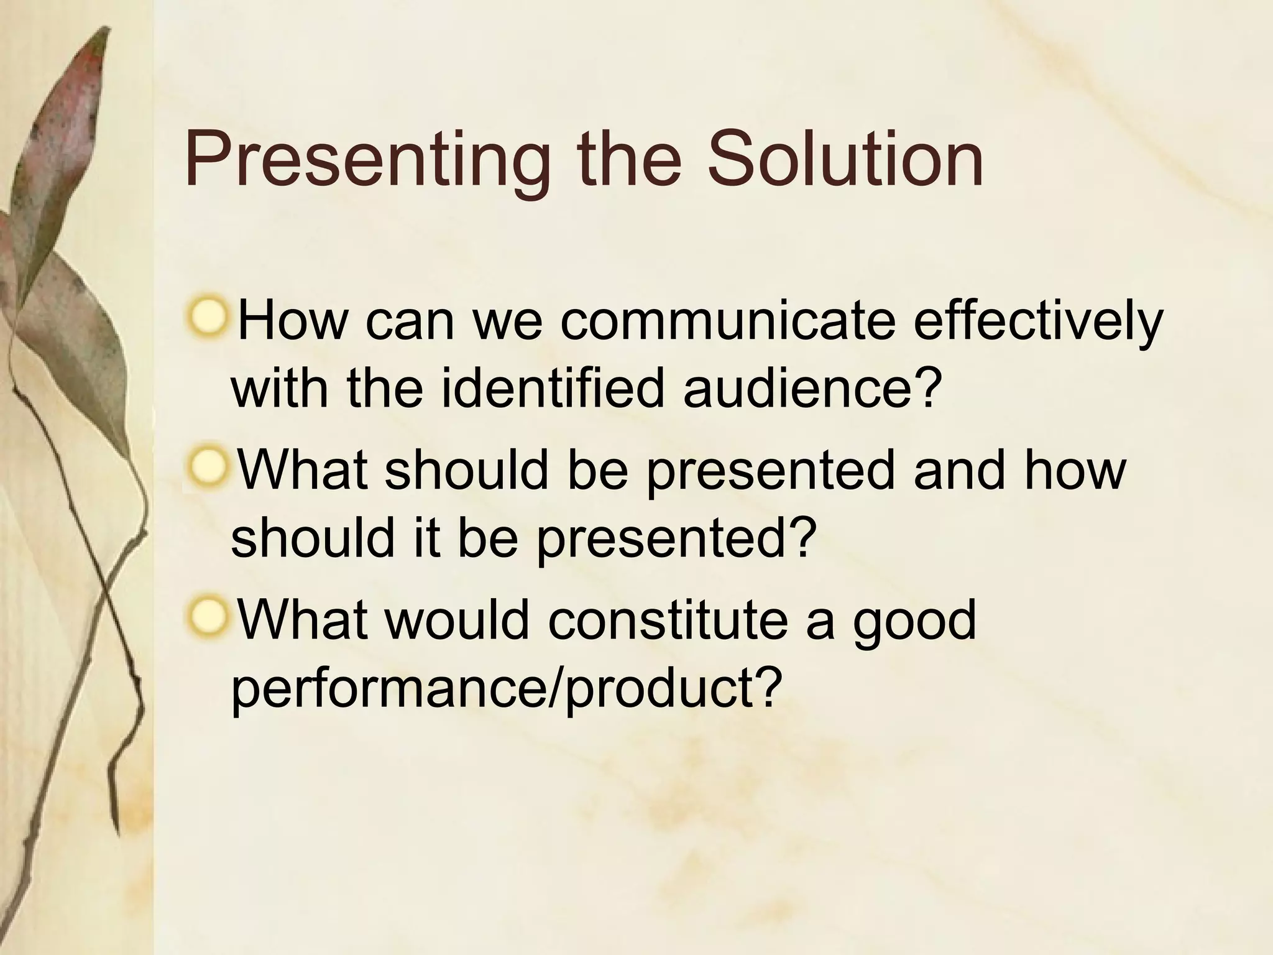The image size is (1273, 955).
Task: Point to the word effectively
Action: [x=1037, y=321]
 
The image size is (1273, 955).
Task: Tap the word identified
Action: [x=552, y=389]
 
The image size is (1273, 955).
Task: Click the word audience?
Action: [x=809, y=389]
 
